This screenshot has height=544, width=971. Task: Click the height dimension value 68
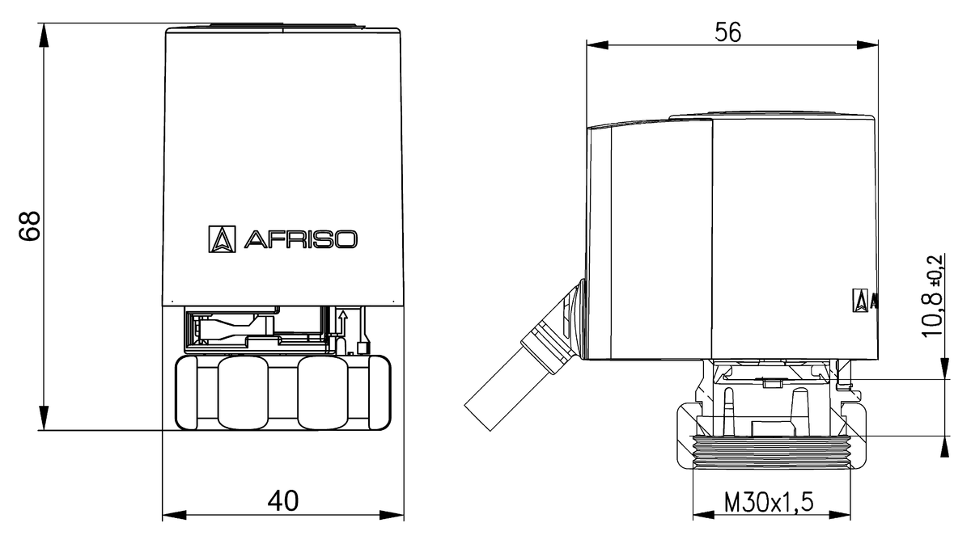coord(31,227)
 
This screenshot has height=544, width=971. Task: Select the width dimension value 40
coord(282,501)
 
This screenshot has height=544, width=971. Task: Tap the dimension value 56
coord(727,32)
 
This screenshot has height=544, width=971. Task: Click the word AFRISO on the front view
coord(299,239)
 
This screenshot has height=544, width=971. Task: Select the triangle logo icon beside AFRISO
coord(222,238)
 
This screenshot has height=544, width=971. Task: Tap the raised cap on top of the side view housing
coord(773,115)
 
